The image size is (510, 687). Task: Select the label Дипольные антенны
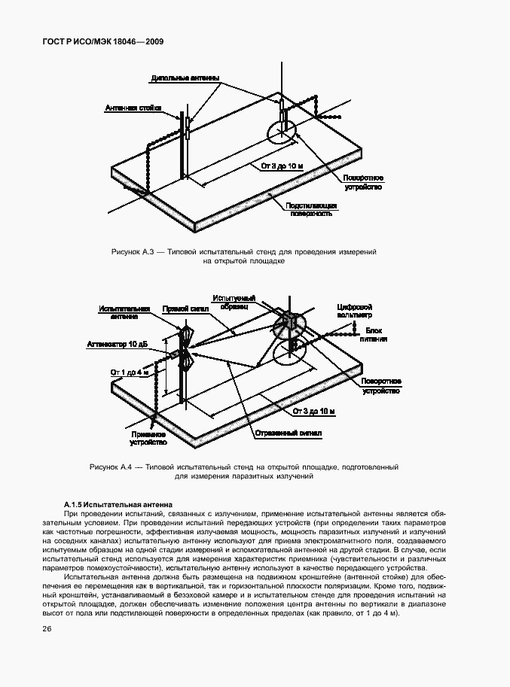pos(185,78)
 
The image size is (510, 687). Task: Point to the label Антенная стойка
pos(133,108)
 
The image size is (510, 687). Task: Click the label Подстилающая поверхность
pos(310,209)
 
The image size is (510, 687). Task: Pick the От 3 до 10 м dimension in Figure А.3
pos(281,165)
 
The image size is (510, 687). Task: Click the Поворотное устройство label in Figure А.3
pos(362,181)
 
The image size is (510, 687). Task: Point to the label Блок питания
pos(376,335)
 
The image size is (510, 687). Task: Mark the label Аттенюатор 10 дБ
pos(129,343)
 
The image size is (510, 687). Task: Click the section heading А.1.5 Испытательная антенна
pos(118,503)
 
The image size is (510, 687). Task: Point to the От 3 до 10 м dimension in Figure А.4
pos(314,411)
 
